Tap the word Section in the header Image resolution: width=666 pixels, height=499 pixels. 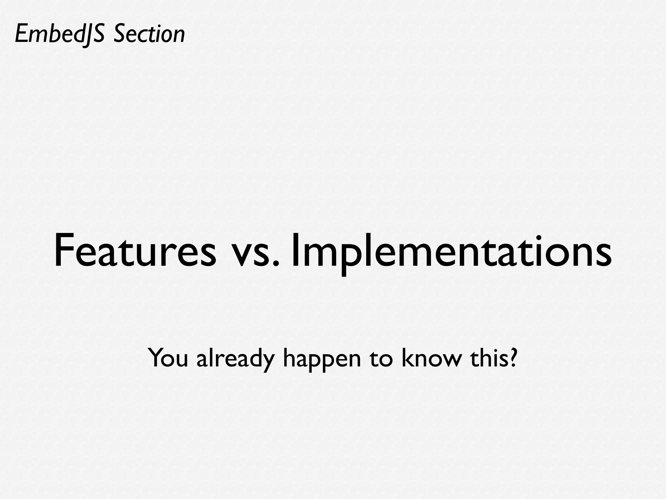pyautogui.click(x=149, y=34)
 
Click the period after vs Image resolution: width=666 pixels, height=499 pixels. pyautogui.click(x=276, y=265)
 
